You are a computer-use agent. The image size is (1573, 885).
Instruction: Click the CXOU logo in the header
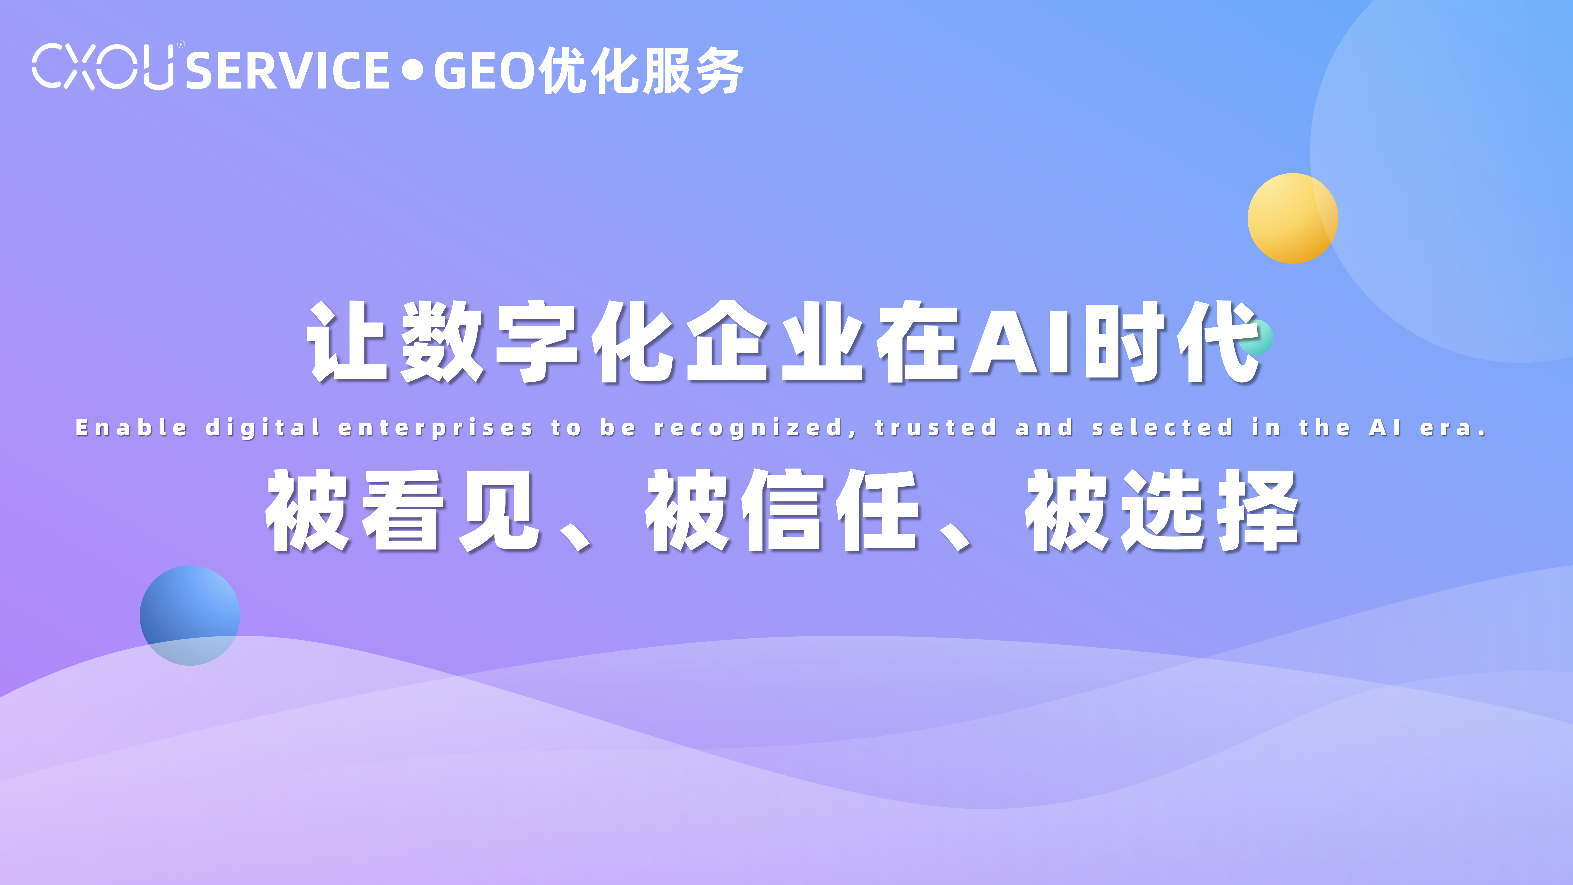(x=103, y=67)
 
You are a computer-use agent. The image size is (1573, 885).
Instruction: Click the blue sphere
(x=190, y=615)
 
